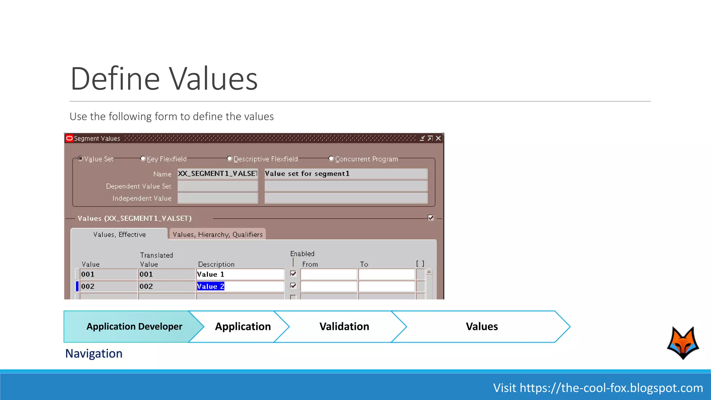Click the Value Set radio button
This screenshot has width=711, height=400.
coord(81,159)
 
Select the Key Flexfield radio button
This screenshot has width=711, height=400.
coord(143,159)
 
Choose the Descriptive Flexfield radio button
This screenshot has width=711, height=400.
coord(229,159)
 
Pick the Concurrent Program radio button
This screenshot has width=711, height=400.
coord(331,159)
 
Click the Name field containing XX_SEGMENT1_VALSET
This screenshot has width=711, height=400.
coord(218,174)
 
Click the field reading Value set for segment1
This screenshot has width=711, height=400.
coord(345,174)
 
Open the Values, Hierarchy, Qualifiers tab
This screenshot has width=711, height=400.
coord(217,234)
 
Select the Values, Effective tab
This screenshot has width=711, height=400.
coord(119,234)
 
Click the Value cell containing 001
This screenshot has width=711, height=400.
coord(108,274)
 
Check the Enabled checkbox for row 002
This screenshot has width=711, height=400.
coord(293,286)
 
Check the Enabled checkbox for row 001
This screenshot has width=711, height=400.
coord(293,274)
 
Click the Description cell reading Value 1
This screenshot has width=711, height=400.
coord(240,274)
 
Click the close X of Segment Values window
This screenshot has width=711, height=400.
coord(438,139)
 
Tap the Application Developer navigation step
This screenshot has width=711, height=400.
coord(134,326)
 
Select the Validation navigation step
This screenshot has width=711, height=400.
coord(344,326)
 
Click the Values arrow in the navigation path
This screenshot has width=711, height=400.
coord(482,326)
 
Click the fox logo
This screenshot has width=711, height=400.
coord(683,343)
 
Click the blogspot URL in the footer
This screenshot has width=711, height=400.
coord(611,388)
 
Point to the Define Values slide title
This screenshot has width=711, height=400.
coord(164,79)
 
